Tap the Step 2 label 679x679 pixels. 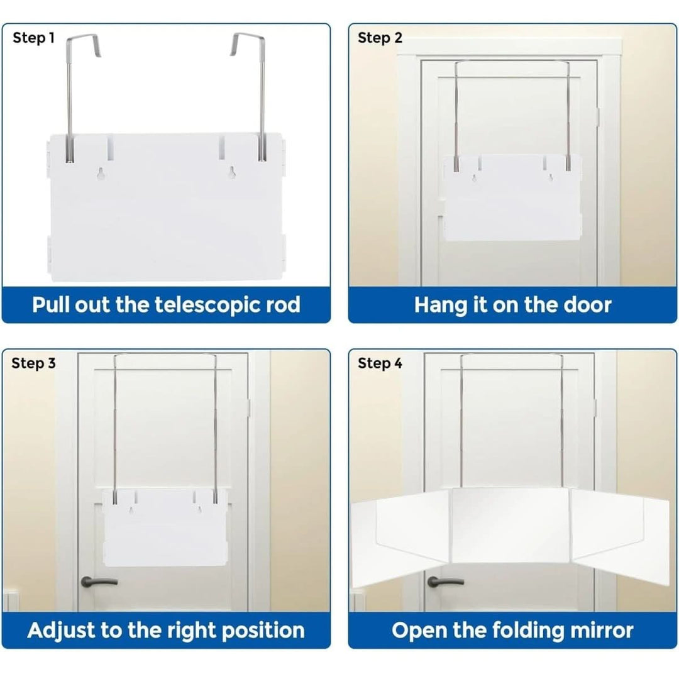(x=379, y=38)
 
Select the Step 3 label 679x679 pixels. (x=33, y=363)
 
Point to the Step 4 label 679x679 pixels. (x=380, y=363)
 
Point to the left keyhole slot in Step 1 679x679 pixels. (x=102, y=174)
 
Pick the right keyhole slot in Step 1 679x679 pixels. (x=233, y=174)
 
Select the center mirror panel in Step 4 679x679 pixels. (x=511, y=525)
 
